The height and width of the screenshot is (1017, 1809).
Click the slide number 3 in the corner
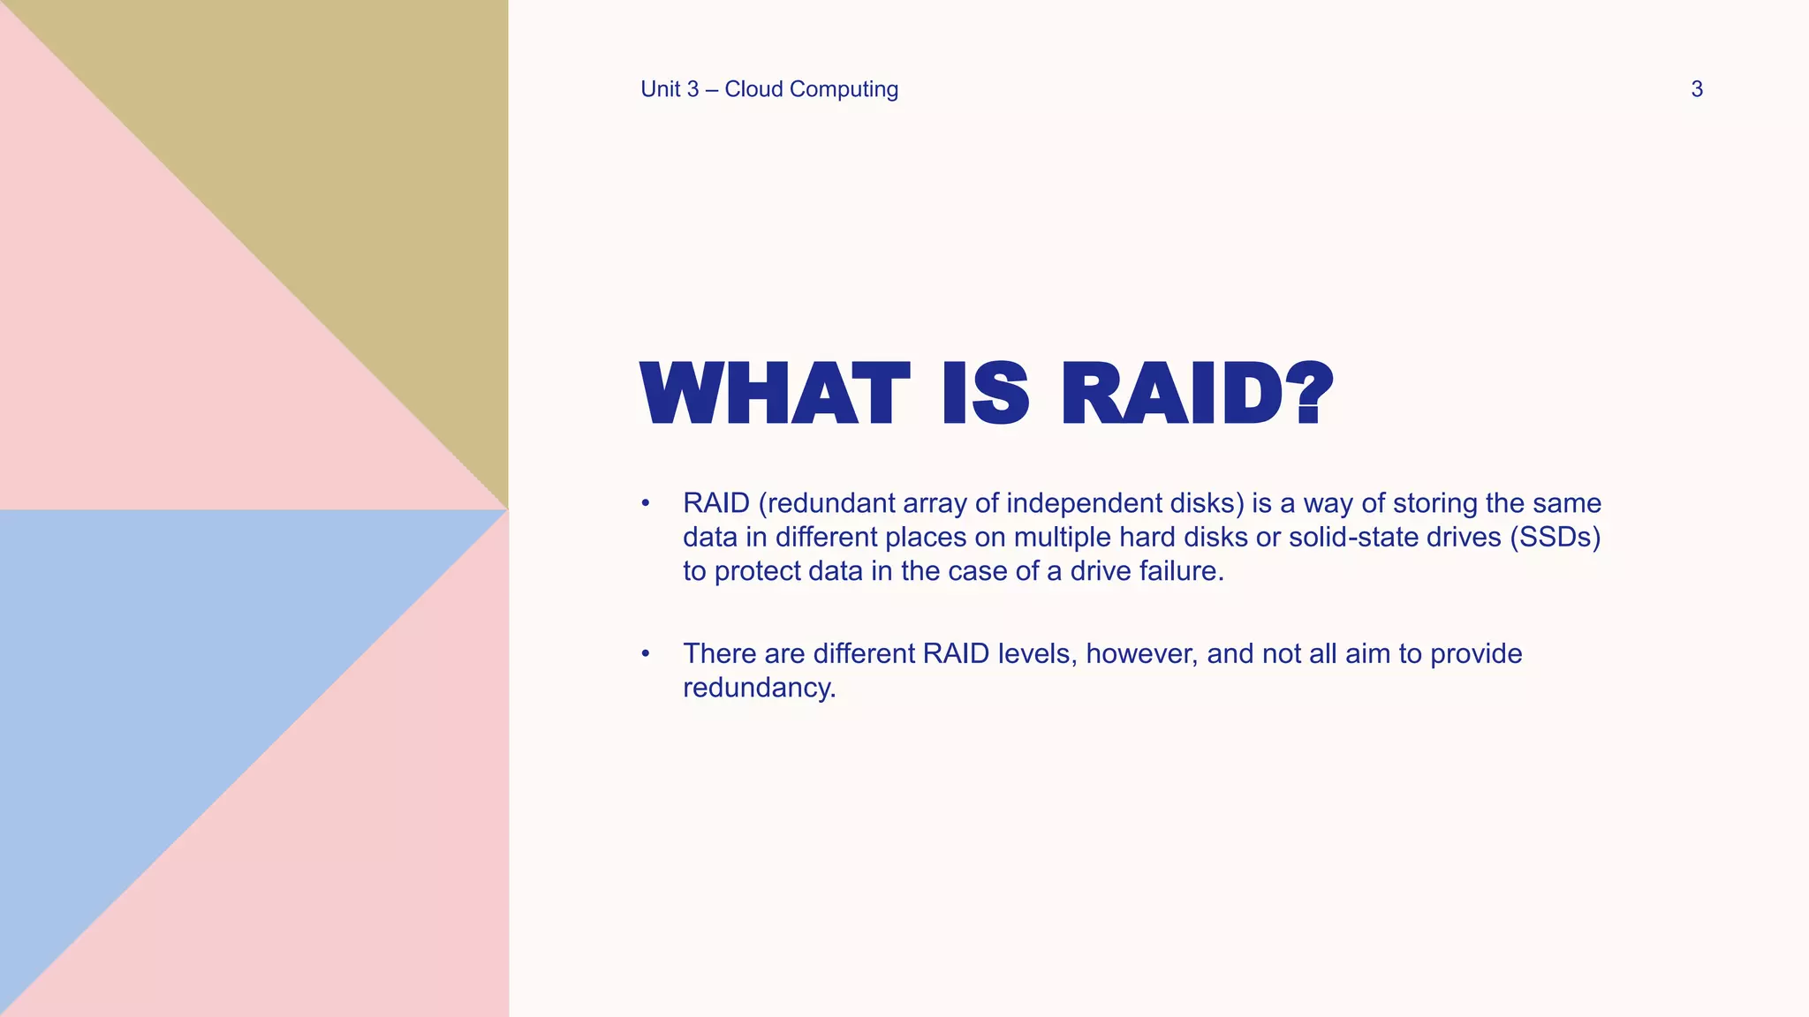pyautogui.click(x=1696, y=89)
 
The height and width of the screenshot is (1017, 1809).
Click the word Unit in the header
pyautogui.click(x=660, y=89)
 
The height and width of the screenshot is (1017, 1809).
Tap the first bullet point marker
pyautogui.click(x=646, y=503)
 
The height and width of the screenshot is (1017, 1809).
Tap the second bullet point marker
pyautogui.click(x=646, y=653)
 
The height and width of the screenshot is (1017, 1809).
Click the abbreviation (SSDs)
pyautogui.click(x=1555, y=537)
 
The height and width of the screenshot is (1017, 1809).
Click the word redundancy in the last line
pyautogui.click(x=758, y=688)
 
